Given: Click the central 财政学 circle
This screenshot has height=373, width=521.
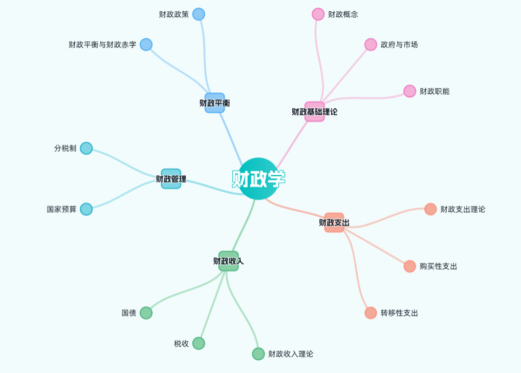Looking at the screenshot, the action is (258, 178).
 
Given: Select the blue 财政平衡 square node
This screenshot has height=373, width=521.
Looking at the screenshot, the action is (214, 103).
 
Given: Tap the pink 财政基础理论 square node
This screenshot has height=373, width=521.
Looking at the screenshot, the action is (314, 111).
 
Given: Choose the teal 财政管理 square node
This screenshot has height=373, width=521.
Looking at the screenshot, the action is (171, 179).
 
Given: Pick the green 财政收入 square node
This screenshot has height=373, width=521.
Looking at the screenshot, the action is (228, 261).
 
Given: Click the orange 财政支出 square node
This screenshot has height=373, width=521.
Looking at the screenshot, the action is (334, 222).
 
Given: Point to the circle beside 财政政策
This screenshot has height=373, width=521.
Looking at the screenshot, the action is (199, 14).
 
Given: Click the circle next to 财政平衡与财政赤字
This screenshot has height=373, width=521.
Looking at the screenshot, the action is (146, 45).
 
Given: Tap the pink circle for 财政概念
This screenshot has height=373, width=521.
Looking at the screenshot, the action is (318, 14).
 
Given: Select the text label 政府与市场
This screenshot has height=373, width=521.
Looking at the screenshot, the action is (399, 45).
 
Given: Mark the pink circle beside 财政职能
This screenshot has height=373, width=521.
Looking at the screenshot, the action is (409, 91).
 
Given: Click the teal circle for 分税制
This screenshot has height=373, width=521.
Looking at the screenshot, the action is (86, 148).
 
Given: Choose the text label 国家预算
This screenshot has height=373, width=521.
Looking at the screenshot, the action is (61, 209).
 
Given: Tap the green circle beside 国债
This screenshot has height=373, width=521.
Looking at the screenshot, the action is (146, 313).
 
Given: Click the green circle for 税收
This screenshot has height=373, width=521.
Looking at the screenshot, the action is (199, 343).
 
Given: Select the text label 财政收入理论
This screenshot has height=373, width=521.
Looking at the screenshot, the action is (291, 354).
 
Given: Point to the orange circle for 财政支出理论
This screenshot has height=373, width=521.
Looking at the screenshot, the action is (430, 209).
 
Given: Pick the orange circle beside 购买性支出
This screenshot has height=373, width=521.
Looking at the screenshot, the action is (409, 266).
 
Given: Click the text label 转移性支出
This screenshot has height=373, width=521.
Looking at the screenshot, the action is (399, 313).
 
